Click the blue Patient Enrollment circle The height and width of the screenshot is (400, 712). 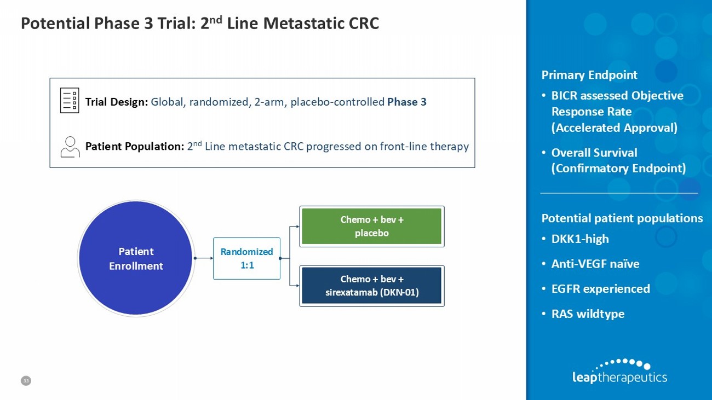click(x=136, y=258)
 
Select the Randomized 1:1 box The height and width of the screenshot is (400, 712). click(x=246, y=258)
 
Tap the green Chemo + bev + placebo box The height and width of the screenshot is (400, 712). click(x=372, y=226)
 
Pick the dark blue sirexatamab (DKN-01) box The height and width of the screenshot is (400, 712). click(x=372, y=286)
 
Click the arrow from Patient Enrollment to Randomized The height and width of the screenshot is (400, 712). click(x=204, y=258)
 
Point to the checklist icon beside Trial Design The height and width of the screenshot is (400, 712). click(x=70, y=101)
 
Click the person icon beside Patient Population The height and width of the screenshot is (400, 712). click(x=70, y=147)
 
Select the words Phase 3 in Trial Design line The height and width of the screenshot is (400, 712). click(x=406, y=102)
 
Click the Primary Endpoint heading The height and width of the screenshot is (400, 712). click(x=589, y=75)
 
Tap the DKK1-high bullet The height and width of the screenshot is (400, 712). click(x=579, y=239)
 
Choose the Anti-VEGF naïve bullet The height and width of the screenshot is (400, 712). click(x=595, y=264)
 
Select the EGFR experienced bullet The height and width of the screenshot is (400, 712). click(x=600, y=289)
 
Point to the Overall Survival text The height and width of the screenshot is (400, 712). click(x=594, y=153)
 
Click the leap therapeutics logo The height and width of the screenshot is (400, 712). click(x=619, y=372)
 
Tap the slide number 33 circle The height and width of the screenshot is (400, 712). click(x=26, y=380)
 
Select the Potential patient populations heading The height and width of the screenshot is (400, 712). click(x=622, y=218)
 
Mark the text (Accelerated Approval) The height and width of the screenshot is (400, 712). click(x=614, y=128)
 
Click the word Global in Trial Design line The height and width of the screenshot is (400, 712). click(x=167, y=102)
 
